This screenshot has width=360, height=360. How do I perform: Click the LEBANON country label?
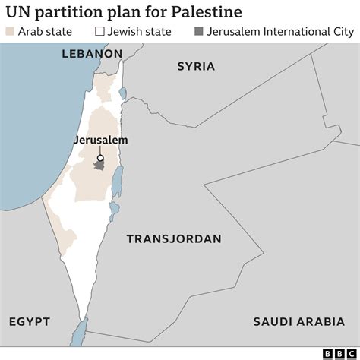tap(93, 55)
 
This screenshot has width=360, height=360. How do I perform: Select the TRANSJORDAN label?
tap(174, 238)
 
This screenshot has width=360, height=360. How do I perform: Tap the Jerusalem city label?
tap(100, 141)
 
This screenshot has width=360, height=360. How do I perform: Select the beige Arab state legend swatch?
tap(9, 31)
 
